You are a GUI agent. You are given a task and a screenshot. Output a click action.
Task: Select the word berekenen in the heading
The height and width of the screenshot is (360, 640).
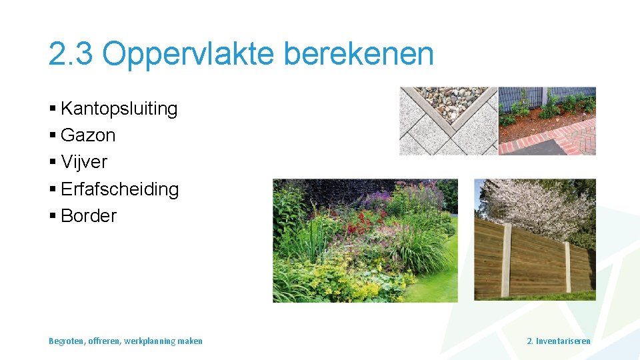point(358,54)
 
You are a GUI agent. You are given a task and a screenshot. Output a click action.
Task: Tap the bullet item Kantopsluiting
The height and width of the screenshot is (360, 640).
point(119,109)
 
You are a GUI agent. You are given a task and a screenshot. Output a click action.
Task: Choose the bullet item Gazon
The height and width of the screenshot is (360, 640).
point(88,135)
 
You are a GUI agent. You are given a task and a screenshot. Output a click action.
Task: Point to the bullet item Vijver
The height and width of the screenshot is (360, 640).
point(83,162)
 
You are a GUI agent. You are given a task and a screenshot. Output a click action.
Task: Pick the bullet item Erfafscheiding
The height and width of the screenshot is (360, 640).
point(119,189)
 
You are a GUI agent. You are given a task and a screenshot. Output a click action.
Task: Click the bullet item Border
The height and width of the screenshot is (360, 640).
point(88,216)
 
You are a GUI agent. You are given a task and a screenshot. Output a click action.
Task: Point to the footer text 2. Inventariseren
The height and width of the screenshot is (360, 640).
point(558,341)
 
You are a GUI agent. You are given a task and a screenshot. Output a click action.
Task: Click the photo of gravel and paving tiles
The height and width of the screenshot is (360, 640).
point(448,121)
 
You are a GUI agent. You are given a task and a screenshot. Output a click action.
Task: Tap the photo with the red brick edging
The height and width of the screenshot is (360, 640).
point(547,121)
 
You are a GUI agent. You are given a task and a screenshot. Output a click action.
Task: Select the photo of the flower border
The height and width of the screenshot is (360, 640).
point(365,240)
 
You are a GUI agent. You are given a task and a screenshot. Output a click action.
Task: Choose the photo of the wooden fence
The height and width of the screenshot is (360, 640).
point(535,240)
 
